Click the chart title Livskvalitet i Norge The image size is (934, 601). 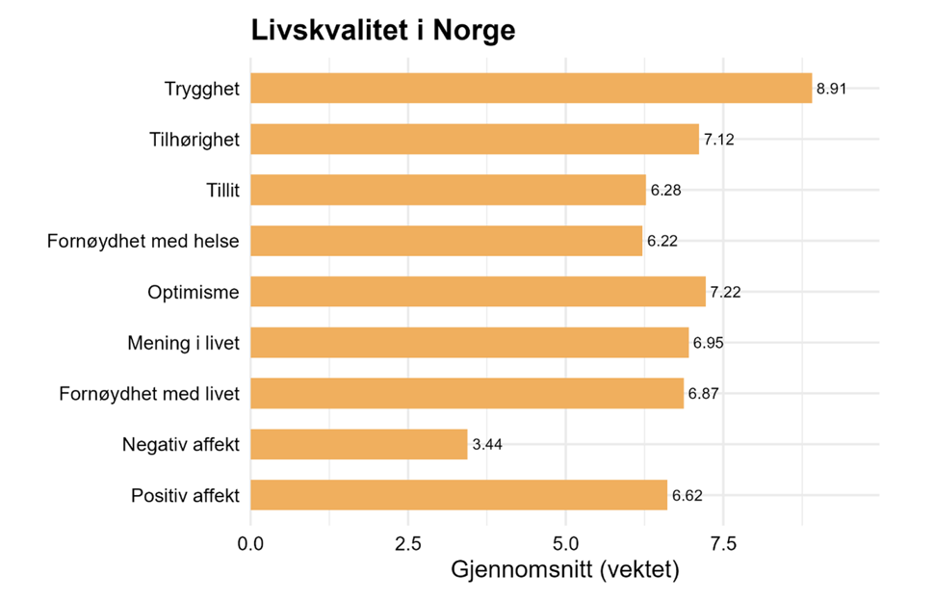[x=382, y=30]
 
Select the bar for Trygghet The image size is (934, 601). [x=531, y=89]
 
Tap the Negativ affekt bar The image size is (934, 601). [x=358, y=445]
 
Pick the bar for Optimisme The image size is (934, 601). [x=478, y=292]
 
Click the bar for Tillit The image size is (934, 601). [x=448, y=190]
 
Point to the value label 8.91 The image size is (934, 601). [x=833, y=90]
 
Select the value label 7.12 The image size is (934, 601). [x=719, y=140]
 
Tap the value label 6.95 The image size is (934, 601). [x=708, y=343]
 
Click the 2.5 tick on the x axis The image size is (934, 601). [x=408, y=544]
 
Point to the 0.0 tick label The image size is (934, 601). [x=251, y=544]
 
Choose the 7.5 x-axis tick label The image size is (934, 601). [x=723, y=544]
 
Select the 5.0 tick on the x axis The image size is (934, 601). [x=566, y=544]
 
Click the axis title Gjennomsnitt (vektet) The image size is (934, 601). [x=565, y=570]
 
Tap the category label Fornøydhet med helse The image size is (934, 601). [x=143, y=241]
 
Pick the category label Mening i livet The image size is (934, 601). [x=183, y=343]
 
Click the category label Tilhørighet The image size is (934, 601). [x=195, y=140]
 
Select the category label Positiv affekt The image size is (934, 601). [x=185, y=497]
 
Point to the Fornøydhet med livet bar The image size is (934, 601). [x=467, y=394]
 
